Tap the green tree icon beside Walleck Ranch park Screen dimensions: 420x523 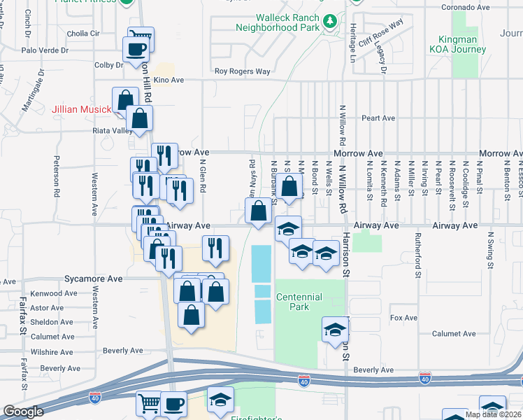[x=329, y=23]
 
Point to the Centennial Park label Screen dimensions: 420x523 [x=299, y=302]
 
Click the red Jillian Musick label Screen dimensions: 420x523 [x=81, y=110]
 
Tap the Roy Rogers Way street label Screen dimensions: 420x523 [x=242, y=71]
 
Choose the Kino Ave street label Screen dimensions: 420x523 [x=169, y=80]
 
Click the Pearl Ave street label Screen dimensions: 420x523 [x=380, y=118]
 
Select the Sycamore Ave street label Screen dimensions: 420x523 [x=94, y=278]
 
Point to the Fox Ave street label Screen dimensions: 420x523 [x=403, y=318]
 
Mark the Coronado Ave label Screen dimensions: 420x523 [x=465, y=8]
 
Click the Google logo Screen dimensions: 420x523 [x=23, y=412]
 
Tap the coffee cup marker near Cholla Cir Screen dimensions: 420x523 [x=135, y=49]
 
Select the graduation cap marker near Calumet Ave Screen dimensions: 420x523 [x=335, y=330]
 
